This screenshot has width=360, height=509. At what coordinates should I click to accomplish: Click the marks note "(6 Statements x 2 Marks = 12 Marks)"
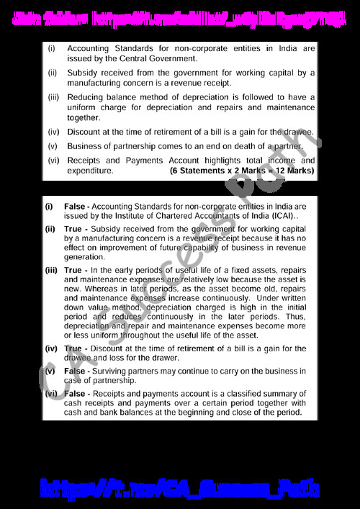[x=242, y=171]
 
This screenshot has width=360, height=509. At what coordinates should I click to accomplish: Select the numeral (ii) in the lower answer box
[x=50, y=229]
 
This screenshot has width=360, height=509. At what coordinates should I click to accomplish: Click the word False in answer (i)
[x=75, y=207]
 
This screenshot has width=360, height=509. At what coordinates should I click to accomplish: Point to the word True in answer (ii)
[x=73, y=229]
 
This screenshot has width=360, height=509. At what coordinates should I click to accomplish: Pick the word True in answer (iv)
[x=73, y=348]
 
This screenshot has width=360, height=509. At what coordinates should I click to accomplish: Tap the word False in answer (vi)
[x=75, y=394]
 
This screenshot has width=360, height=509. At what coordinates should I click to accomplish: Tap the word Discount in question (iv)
[x=86, y=132]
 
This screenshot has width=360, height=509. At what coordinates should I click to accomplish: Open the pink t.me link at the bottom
[x=179, y=488]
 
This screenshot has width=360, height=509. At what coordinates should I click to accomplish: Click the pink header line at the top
[x=179, y=15]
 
